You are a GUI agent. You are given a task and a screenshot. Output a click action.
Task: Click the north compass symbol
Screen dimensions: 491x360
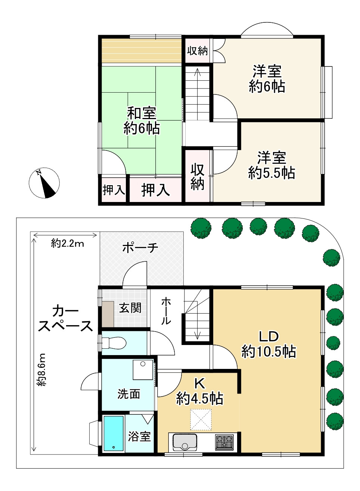pos(44,183)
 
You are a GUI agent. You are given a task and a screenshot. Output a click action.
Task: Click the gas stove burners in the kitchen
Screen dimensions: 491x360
pos(224,442)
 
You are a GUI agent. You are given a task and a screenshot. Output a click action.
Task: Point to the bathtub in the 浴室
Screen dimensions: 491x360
pos(114,433)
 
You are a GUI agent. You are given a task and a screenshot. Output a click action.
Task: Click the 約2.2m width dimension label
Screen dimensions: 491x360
pos(68,244)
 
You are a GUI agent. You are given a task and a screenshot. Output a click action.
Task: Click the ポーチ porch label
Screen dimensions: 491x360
pos(140,247)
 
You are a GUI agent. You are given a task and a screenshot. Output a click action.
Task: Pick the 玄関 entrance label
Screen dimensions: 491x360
pos(130,308)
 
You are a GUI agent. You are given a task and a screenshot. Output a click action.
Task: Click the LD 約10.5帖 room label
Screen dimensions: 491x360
pos(269,344)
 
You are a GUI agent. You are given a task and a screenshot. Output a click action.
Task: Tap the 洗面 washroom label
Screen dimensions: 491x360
pos(129,394)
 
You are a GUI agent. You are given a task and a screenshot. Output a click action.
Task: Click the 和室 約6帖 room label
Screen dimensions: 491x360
pos(142,120)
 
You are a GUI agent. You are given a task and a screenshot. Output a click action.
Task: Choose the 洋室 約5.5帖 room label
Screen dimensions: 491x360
pos(271,165)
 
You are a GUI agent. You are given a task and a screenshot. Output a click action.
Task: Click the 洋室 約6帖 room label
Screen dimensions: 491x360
pos(267,79)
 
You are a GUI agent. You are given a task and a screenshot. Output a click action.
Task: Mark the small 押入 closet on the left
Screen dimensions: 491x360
pos(114,190)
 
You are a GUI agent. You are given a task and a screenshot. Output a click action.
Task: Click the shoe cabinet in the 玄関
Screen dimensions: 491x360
pos(108,314)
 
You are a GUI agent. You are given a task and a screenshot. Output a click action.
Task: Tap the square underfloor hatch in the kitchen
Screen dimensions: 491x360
pos(201,419)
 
